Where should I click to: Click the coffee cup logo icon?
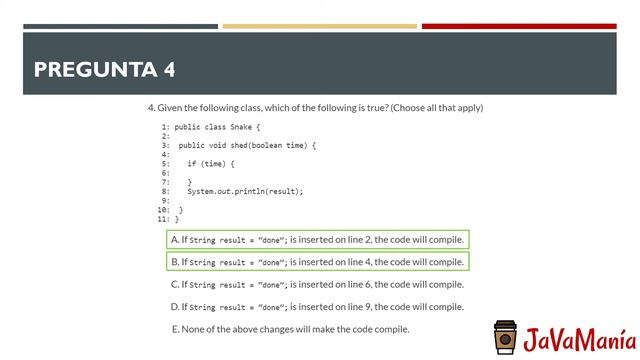[x=506, y=338]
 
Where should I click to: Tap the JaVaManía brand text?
[x=578, y=338]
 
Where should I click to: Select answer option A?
[x=317, y=240]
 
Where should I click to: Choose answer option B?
[x=317, y=262]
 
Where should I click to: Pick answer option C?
[x=317, y=284]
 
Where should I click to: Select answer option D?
[x=317, y=307]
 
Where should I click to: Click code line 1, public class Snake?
[x=217, y=127]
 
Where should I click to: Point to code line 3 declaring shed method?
[x=246, y=145]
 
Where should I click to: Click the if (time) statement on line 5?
[x=210, y=163]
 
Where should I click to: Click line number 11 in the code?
[x=165, y=218]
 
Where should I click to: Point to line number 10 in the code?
[x=165, y=209]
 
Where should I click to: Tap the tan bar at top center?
[x=319, y=26]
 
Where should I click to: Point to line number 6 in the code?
[x=167, y=172]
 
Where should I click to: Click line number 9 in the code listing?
[x=167, y=200]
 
